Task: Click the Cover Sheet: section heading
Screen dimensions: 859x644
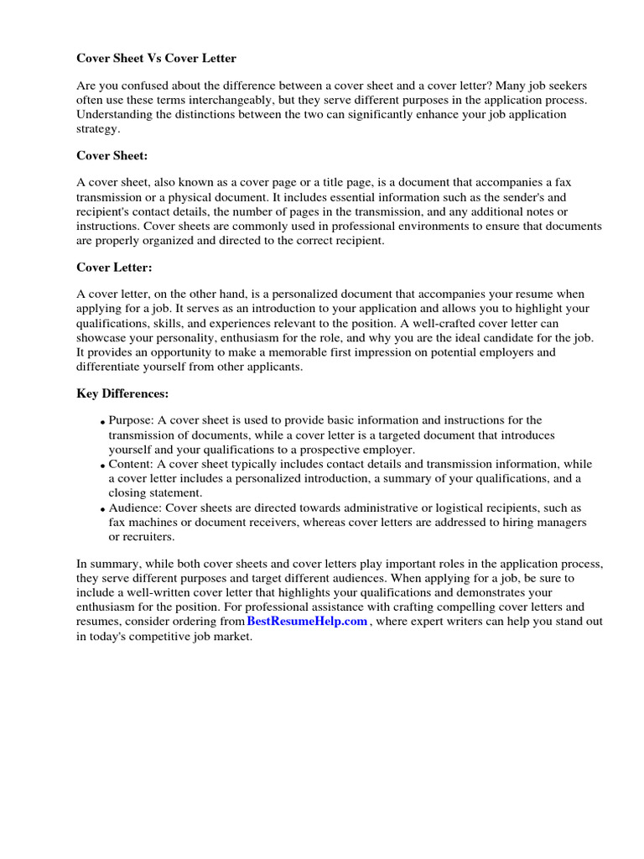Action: pos(113,155)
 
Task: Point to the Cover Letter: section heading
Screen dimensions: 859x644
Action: pos(115,268)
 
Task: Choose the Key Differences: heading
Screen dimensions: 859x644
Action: pos(122,393)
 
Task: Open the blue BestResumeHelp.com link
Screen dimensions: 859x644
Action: pos(307,622)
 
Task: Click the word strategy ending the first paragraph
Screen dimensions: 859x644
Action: pos(98,128)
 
